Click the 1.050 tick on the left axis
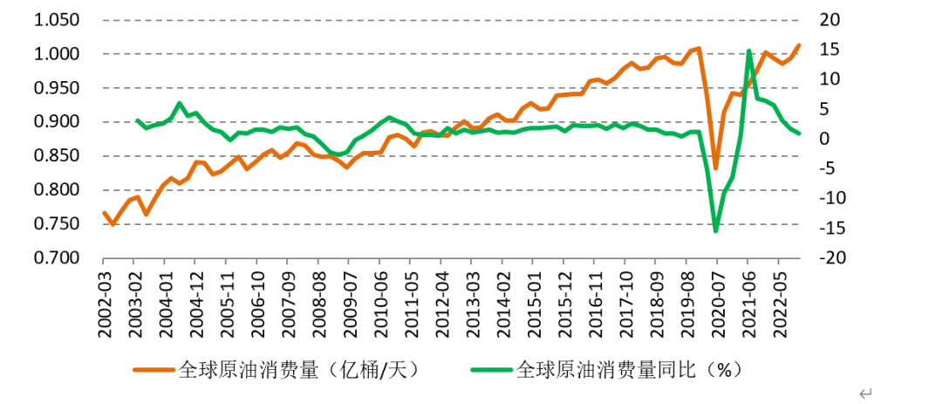[58, 21]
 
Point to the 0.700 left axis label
[58, 258]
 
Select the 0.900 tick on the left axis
[58, 122]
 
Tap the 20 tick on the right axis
[832, 21]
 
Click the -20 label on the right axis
[834, 258]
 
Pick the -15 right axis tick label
[834, 229]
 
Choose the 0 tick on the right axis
[826, 140]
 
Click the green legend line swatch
[492, 369]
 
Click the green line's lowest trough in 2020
[716, 230]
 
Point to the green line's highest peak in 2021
[749, 51]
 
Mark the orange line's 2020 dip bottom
[715, 168]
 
